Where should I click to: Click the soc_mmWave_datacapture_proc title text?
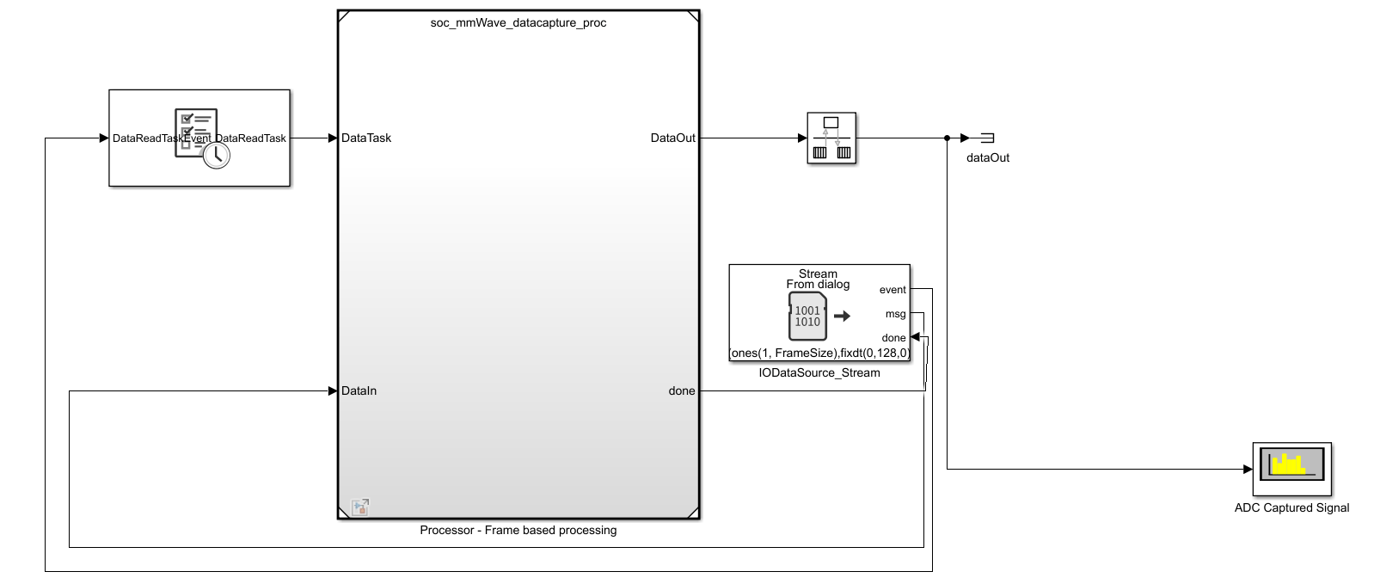coord(518,23)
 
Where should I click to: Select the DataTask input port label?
coord(366,138)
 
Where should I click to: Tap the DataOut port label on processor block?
coord(672,138)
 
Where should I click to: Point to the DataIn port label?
coord(359,390)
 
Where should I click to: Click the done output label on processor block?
coord(682,390)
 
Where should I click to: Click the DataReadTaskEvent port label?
coord(161,138)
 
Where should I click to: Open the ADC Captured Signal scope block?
coord(1291,469)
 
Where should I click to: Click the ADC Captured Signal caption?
coord(1291,507)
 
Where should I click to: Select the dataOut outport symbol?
coord(987,138)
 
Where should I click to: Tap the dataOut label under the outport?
coord(988,157)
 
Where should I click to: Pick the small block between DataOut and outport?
coord(831,138)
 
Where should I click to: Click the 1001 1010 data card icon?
coord(808,316)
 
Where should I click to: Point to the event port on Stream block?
coord(892,290)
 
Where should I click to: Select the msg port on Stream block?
coord(896,314)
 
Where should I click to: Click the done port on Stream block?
coord(894,338)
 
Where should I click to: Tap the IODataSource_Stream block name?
coord(819,372)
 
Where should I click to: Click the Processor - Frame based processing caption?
coord(518,530)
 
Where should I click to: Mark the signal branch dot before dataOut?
coord(947,138)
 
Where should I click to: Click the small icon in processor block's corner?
coord(360,507)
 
